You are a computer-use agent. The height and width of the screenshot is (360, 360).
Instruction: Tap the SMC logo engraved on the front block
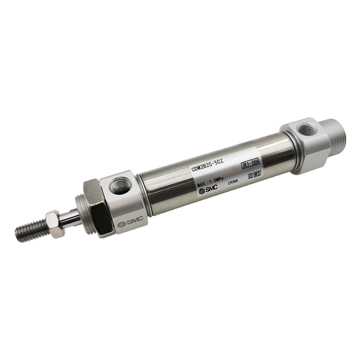(x=128, y=223)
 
